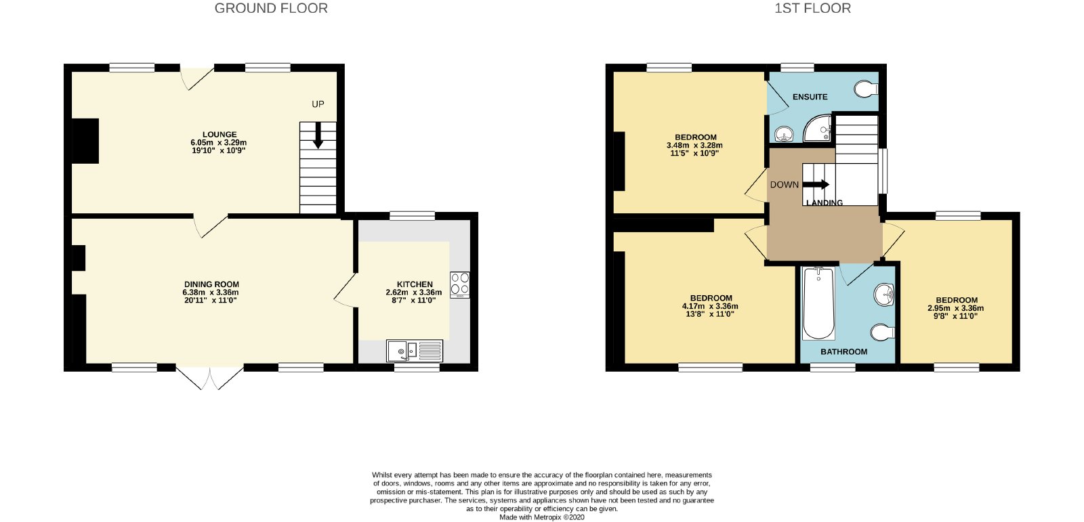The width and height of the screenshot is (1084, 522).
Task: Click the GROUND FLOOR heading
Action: (271, 8)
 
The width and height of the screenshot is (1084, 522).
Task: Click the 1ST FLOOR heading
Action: (812, 8)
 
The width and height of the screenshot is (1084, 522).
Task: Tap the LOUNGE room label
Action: (220, 135)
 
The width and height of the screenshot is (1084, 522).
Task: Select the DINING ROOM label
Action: (211, 284)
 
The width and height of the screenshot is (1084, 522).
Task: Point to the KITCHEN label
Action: (415, 284)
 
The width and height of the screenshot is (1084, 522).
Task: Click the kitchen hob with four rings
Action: (460, 284)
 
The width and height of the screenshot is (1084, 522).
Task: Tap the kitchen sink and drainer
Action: (415, 351)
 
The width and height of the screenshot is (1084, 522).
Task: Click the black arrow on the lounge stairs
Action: (318, 135)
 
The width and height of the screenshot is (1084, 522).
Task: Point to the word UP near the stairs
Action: (318, 104)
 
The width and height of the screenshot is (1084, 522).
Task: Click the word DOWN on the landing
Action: (785, 185)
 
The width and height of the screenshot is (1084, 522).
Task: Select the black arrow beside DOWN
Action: (816, 185)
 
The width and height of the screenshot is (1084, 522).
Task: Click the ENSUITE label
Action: (810, 97)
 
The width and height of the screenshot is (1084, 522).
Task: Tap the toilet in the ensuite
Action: (867, 89)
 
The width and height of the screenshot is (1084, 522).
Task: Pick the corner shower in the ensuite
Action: (817, 129)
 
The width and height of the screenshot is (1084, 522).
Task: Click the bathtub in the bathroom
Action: (818, 303)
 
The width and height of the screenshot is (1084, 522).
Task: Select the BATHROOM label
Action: (844, 351)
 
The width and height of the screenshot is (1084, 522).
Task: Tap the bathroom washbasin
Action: (884, 294)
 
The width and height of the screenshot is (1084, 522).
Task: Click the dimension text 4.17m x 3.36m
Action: (711, 306)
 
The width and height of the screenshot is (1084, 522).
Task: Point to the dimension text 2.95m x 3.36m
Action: (956, 308)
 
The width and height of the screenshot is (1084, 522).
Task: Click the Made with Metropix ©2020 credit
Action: (542, 517)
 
